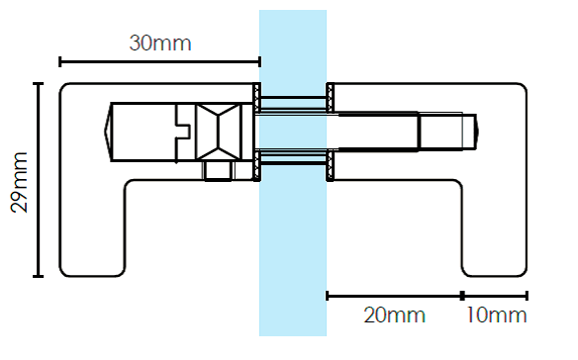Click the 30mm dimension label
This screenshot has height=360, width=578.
point(160,44)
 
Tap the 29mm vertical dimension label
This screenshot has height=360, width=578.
point(19,182)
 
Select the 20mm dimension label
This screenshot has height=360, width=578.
point(395,315)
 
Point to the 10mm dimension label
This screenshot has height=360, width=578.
point(497,315)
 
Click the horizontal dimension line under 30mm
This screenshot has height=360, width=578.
point(160,62)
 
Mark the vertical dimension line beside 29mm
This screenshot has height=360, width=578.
point(38,179)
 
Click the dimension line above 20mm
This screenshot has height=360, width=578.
point(394,296)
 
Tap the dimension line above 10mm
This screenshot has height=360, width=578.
point(495,296)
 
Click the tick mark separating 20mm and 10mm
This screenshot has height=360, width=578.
point(462,296)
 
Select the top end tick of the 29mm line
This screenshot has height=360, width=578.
point(38,84)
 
